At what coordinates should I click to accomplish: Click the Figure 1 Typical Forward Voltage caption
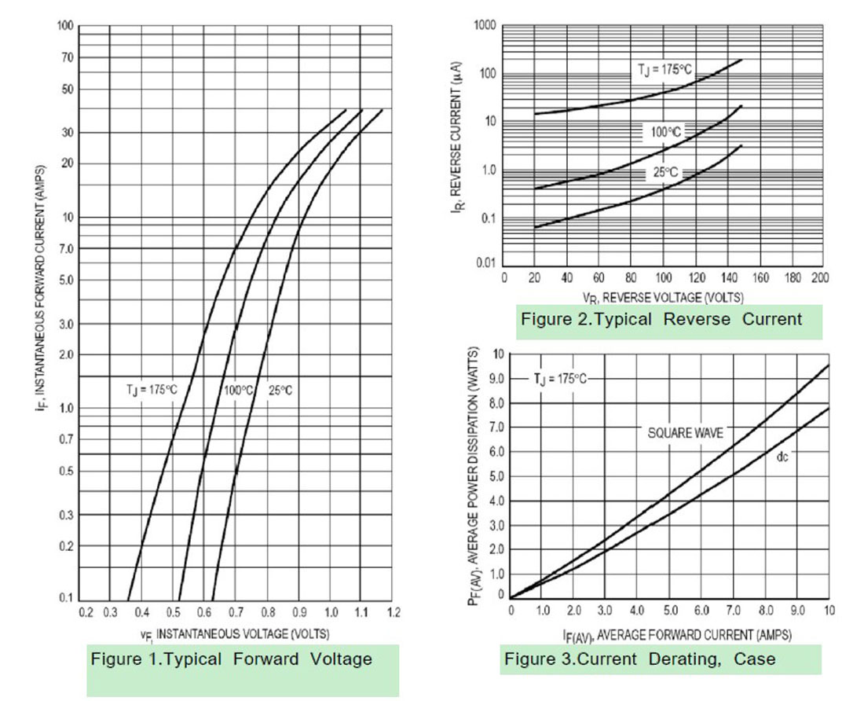coord(231,659)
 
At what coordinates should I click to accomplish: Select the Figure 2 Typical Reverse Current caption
coord(661,319)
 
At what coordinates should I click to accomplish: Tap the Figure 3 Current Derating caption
coord(639,659)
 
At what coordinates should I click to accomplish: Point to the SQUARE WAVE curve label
coord(685,433)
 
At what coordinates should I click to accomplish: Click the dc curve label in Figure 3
coord(782,456)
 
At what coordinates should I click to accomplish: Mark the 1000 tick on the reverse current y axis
coord(485,26)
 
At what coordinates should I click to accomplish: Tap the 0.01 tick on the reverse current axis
coord(486,263)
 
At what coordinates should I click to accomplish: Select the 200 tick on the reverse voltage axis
coord(820,277)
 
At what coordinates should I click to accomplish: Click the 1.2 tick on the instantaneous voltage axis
coord(393,612)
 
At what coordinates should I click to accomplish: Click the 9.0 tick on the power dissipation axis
coord(496,379)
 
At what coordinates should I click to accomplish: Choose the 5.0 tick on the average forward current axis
coord(670,611)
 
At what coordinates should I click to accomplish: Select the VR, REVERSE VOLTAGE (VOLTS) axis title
coord(662,297)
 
